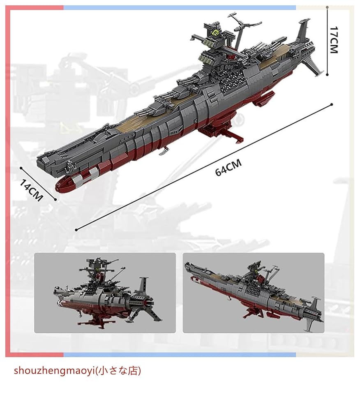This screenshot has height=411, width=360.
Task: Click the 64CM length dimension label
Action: [x=228, y=168]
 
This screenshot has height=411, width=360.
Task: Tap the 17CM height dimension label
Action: [x=334, y=40]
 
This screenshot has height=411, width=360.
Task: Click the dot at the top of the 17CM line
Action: [x=327, y=7]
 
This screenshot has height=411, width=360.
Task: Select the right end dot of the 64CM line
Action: [x=331, y=105]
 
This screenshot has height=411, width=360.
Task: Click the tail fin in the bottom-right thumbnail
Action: [x=314, y=306]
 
